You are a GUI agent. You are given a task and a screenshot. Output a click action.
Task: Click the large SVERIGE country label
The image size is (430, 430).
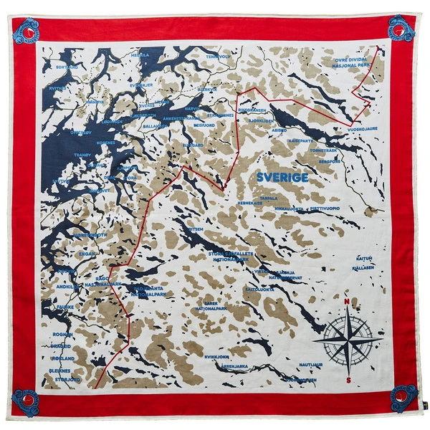282,177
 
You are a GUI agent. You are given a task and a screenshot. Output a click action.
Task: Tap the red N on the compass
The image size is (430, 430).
347,302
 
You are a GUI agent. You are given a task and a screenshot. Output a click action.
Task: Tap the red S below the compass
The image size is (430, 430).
347,381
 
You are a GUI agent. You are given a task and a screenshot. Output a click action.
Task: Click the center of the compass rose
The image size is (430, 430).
347,340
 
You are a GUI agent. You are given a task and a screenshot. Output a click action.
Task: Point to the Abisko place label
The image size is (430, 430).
279,131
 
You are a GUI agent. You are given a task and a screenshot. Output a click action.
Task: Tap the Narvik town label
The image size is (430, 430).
191,109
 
